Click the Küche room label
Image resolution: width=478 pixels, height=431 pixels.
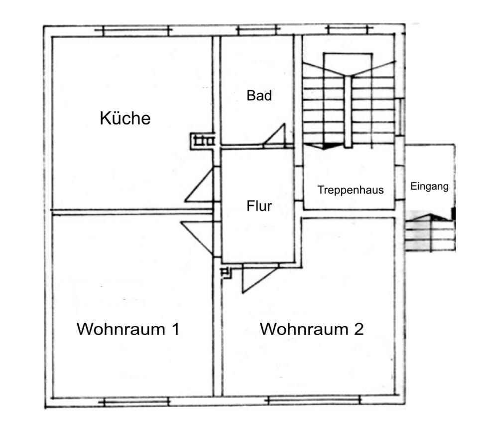(125, 119)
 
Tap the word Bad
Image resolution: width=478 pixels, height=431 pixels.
(259, 95)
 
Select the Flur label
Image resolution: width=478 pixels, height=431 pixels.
(259, 206)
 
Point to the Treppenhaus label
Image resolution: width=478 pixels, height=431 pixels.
(351, 190)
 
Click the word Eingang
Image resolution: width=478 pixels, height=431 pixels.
(430, 187)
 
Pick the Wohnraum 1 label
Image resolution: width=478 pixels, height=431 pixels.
(128, 329)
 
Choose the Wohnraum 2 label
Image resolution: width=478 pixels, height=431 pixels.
(312, 329)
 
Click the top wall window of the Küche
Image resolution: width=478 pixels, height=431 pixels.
(133, 31)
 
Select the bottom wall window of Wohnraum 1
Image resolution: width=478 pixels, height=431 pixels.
(133, 401)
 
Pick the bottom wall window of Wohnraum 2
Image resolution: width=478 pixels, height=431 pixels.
(314, 401)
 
